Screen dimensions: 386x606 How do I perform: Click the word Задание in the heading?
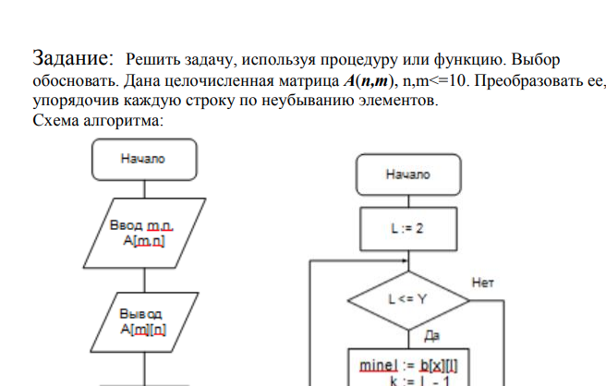[73, 59]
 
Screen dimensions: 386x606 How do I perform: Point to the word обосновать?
[70, 80]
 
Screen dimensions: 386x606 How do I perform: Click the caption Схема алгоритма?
[98, 120]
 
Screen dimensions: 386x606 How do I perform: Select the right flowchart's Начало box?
[408, 174]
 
